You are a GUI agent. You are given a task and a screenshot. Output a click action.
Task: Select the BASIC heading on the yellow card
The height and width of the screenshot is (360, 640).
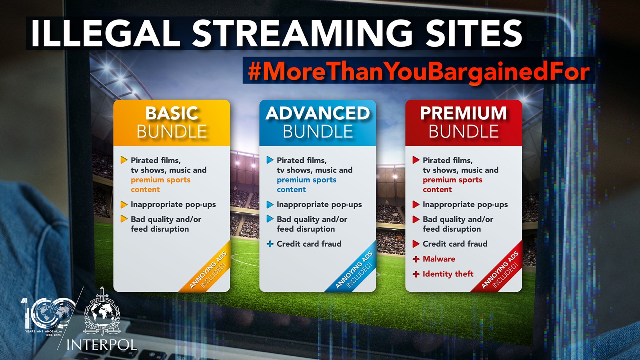pos(172,113)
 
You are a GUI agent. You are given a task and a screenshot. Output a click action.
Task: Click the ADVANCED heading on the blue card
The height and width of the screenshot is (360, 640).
pos(318,113)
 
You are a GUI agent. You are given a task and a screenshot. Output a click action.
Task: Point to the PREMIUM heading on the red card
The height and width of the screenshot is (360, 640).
pos(464,113)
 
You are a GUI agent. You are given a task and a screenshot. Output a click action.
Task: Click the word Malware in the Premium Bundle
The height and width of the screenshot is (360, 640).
pos(439,259)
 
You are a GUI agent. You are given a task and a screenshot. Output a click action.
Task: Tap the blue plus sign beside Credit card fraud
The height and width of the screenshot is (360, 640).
pos(270,244)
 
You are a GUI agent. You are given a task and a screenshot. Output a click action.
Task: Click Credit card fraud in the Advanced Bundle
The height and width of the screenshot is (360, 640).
pos(309,244)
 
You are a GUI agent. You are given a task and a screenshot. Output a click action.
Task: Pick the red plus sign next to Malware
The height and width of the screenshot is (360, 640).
pos(416,259)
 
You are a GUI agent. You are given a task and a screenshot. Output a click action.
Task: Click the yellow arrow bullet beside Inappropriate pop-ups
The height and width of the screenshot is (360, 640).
pos(124,204)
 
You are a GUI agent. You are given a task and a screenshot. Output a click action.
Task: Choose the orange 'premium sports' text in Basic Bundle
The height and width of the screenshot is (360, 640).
pos(160,180)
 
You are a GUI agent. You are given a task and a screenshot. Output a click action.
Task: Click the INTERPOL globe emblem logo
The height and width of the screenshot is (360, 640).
pos(102,312)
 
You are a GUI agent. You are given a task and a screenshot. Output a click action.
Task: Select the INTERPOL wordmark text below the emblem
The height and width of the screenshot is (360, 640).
pos(102,344)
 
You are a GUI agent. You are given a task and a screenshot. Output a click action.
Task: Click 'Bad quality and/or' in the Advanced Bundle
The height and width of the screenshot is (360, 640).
pos(312,220)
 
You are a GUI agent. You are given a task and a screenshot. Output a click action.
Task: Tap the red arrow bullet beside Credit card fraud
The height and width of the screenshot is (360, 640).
pos(416,244)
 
